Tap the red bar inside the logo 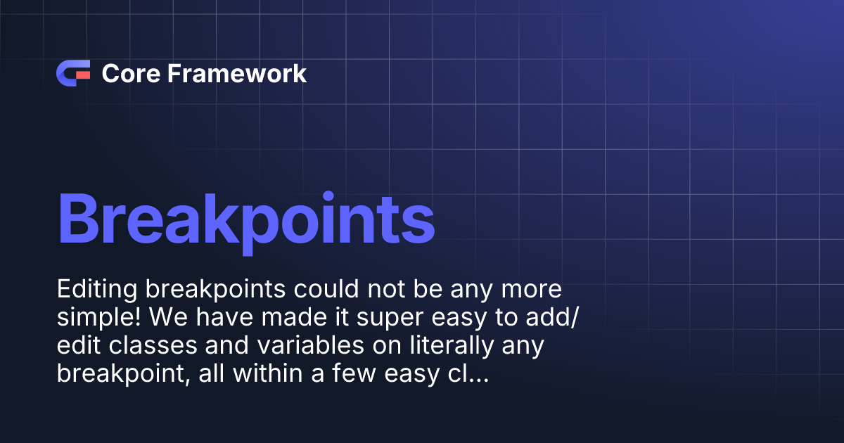click(83, 74)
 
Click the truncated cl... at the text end click(468, 375)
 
